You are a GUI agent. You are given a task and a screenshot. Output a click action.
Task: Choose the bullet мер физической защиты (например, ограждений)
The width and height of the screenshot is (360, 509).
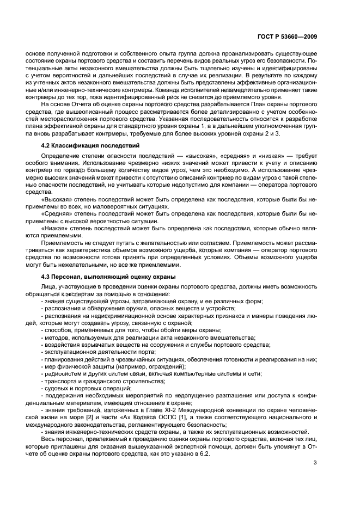point(105,366)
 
